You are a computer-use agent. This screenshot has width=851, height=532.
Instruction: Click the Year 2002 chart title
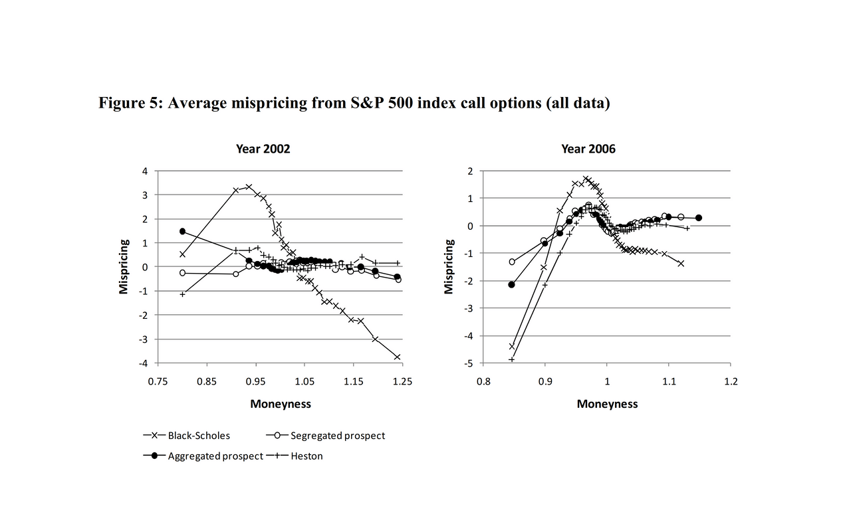(263, 149)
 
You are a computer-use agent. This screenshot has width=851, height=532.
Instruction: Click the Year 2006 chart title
(588, 149)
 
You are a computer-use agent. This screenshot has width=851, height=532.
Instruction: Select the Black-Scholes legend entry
(187, 435)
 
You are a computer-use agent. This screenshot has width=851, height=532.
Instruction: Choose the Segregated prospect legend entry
(326, 435)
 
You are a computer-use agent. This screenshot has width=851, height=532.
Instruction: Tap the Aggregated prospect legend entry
(203, 456)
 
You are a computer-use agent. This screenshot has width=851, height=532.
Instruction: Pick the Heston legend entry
(295, 456)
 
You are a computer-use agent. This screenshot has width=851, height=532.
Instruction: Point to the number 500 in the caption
(400, 103)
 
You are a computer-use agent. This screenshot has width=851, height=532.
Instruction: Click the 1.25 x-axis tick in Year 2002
(402, 381)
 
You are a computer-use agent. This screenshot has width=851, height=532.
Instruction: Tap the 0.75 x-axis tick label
(158, 381)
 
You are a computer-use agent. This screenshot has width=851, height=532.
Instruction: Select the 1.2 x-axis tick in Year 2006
(731, 381)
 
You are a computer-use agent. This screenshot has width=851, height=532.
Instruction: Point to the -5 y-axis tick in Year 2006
(469, 363)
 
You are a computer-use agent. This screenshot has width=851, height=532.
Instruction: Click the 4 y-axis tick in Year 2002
(145, 171)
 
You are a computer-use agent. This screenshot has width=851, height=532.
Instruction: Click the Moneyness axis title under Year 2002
(281, 404)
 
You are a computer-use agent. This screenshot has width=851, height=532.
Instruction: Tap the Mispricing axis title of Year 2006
(449, 266)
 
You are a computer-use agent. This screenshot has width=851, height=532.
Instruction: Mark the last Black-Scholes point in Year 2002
(398, 357)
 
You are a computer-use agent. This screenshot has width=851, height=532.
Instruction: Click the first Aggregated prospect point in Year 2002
(182, 231)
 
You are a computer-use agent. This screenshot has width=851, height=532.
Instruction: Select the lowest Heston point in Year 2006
(512, 359)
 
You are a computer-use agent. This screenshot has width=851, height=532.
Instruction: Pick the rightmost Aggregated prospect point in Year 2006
(699, 218)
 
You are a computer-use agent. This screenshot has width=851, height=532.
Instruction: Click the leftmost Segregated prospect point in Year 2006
(512, 262)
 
